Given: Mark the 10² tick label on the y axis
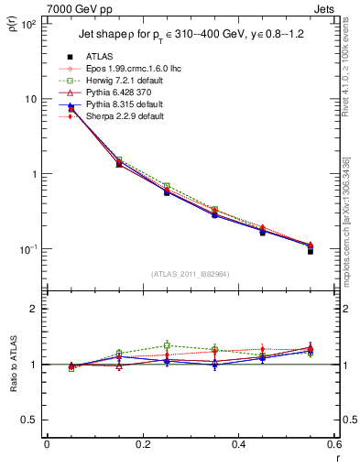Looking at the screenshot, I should click(27, 24).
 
